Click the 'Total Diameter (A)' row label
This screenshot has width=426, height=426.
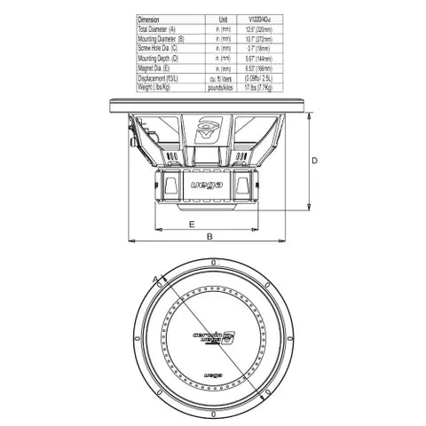pyautogui.click(x=162, y=29)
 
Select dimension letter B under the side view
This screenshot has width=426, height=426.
pyautogui.click(x=209, y=237)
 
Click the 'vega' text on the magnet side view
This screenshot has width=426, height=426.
pyautogui.click(x=206, y=185)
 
